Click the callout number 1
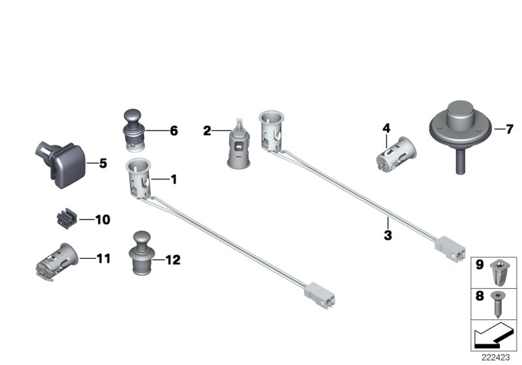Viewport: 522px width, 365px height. [174, 178]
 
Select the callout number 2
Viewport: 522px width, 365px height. [207, 131]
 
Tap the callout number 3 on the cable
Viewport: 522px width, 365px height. [388, 235]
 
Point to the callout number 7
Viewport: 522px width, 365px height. [510, 129]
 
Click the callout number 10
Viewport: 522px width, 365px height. [103, 220]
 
